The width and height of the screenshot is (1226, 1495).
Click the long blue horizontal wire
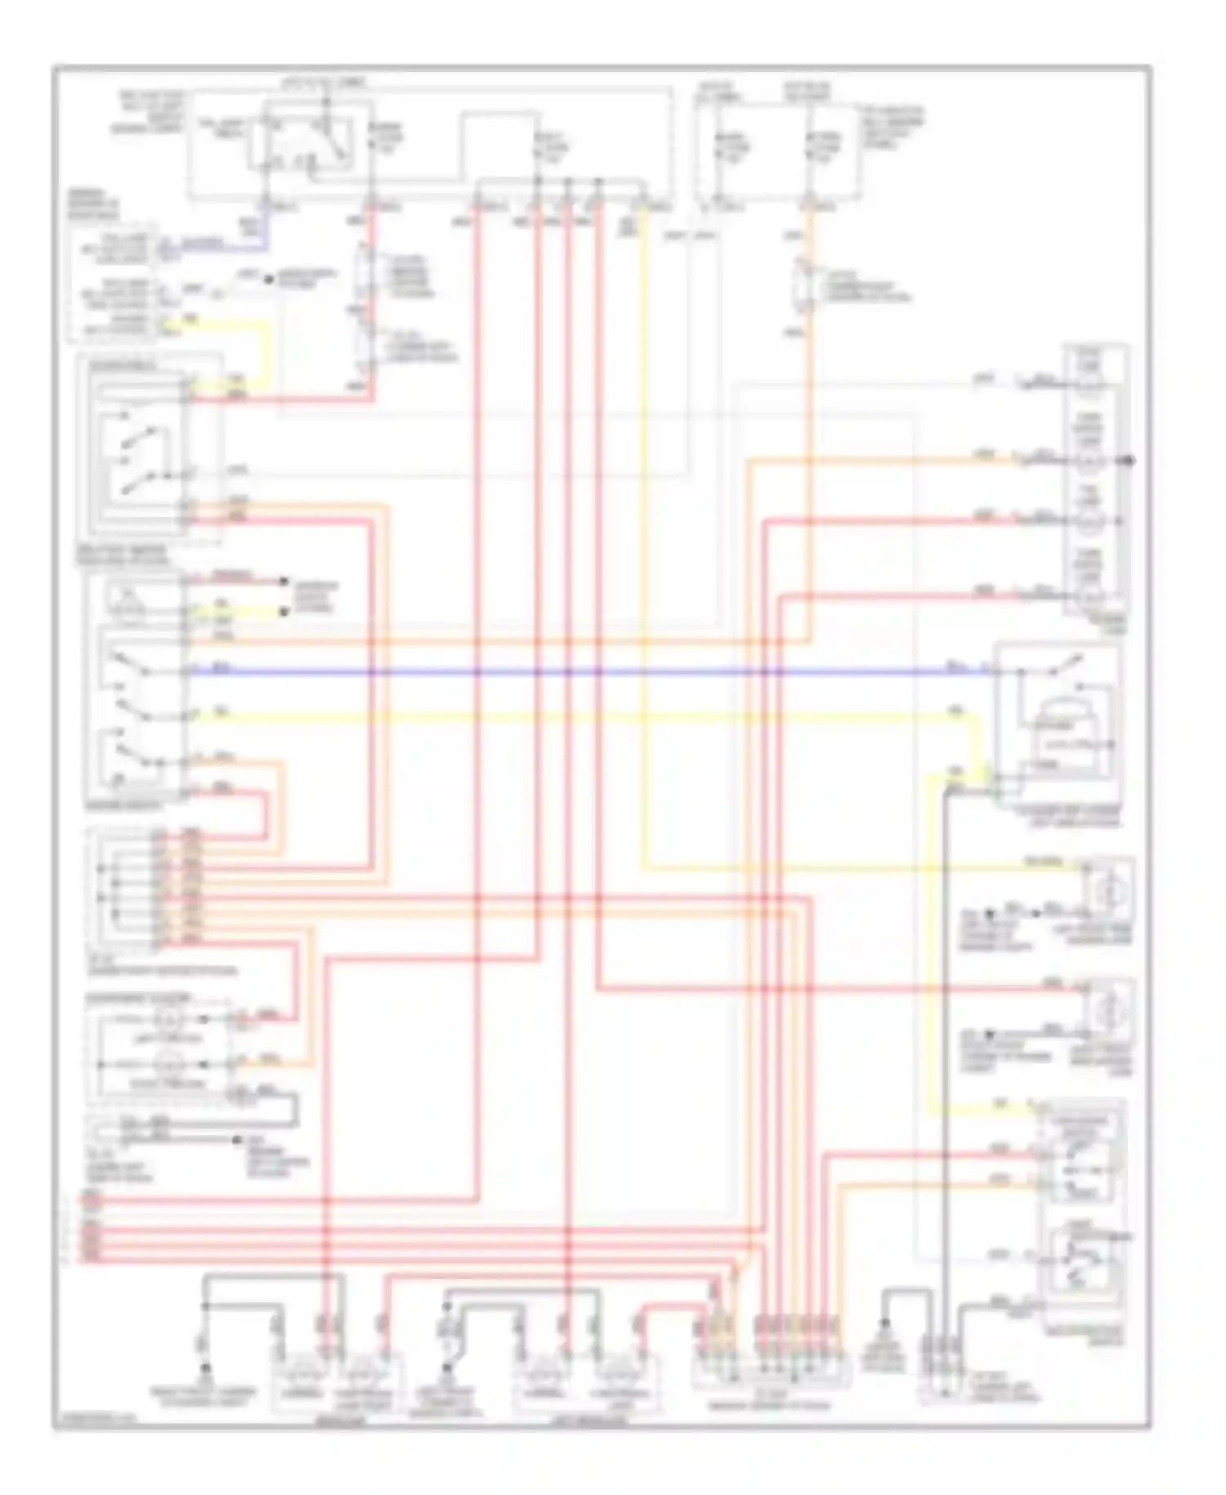tap(572, 672)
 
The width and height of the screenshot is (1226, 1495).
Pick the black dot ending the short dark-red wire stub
tap(284, 581)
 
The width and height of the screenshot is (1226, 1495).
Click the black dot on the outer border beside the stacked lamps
tap(1130, 461)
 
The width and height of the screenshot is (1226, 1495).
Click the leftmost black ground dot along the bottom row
tap(205, 1367)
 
